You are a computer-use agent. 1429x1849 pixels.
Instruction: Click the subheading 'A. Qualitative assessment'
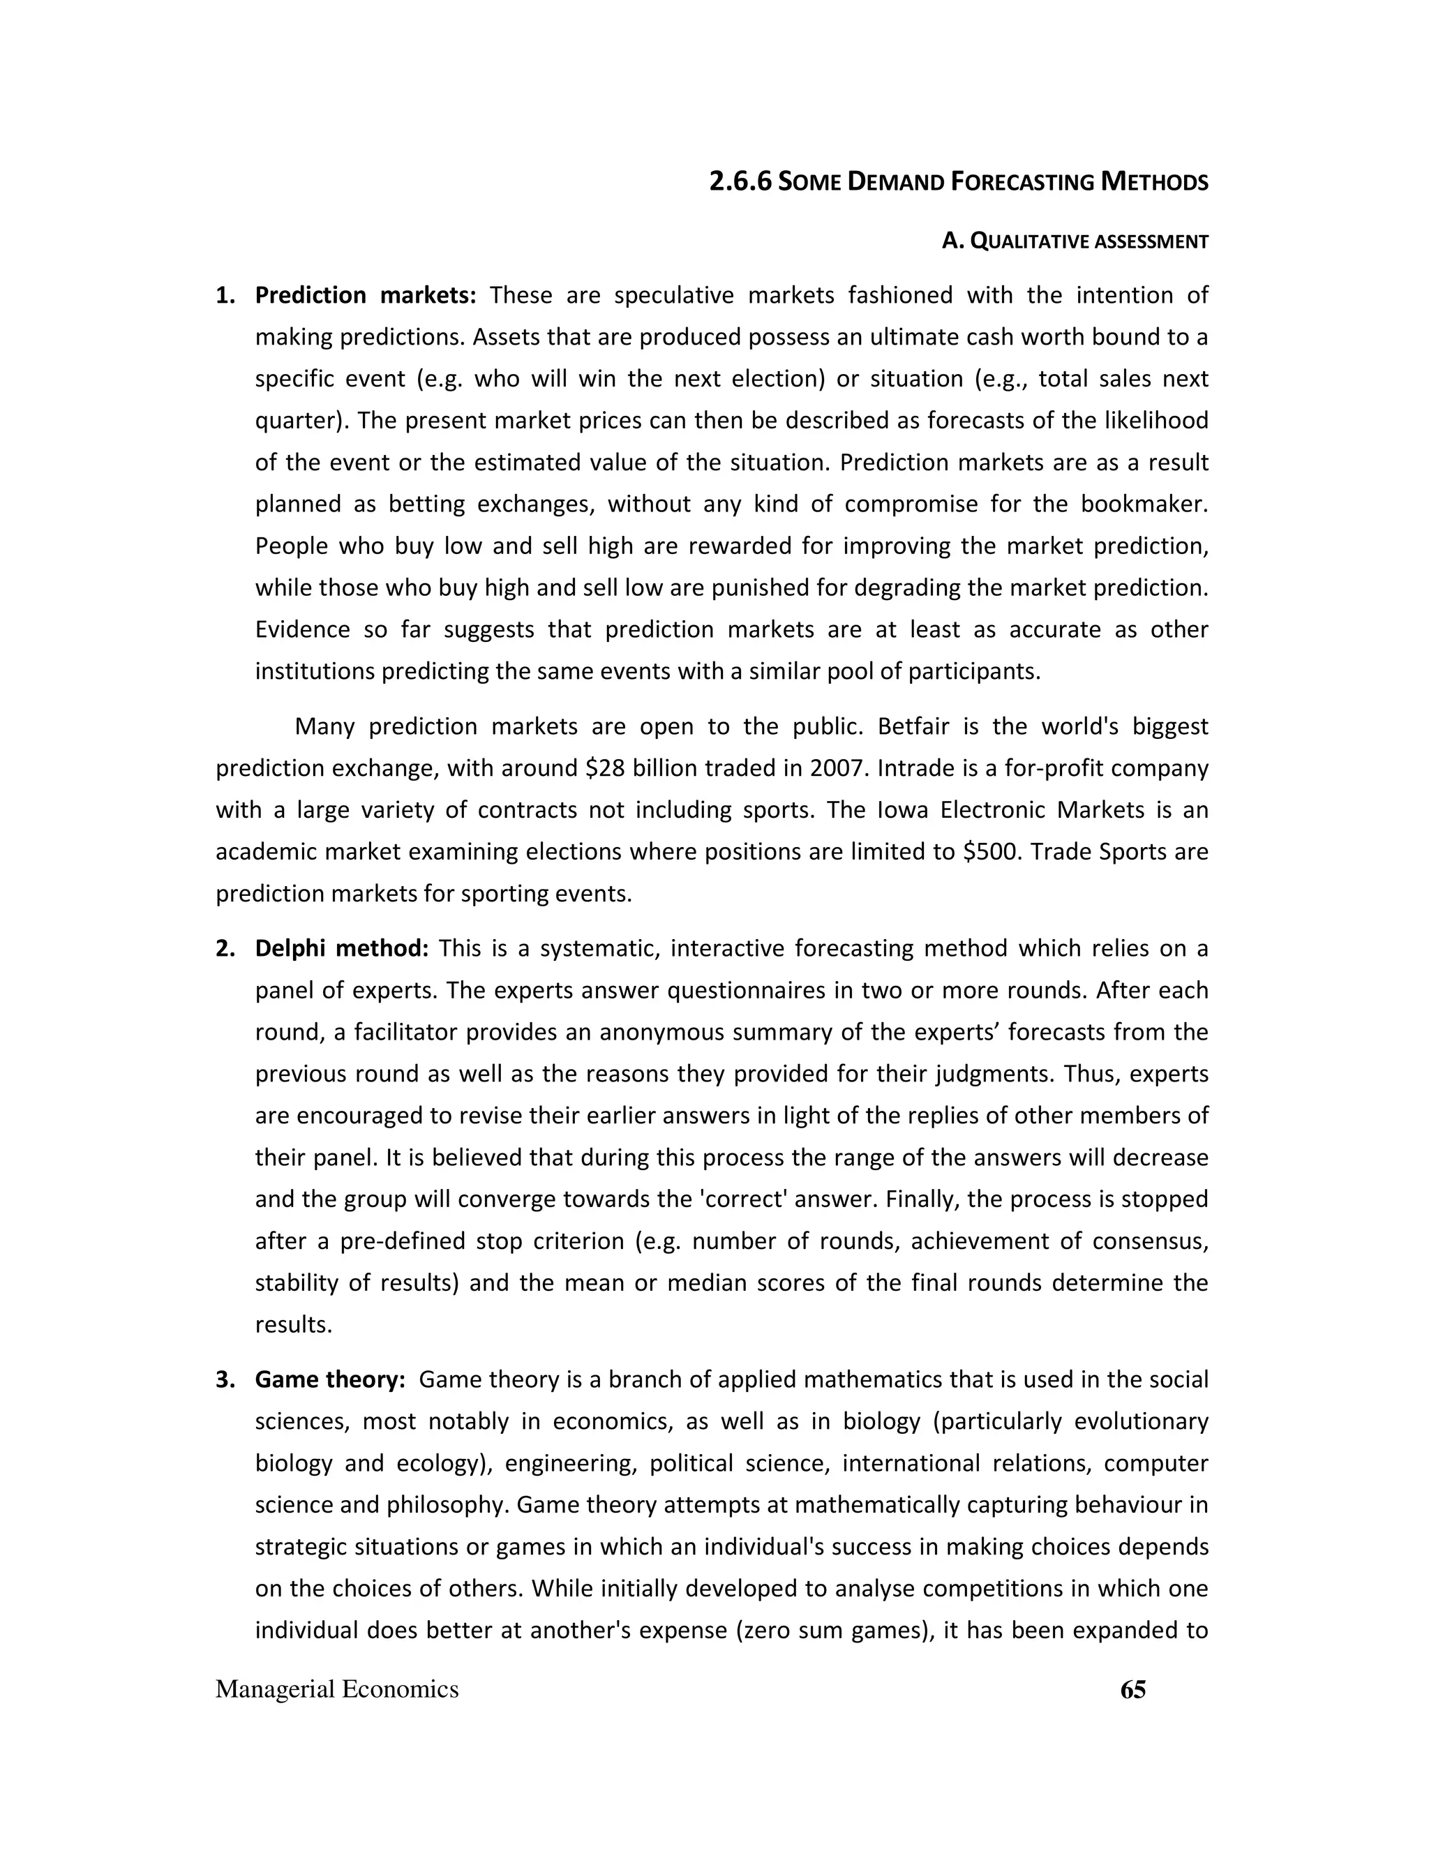pyautogui.click(x=1075, y=242)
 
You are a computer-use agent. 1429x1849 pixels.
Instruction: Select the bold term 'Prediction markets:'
pyautogui.click(x=366, y=294)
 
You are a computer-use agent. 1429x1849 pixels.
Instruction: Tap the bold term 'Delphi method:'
pyautogui.click(x=342, y=948)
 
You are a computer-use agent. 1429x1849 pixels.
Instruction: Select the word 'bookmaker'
pyautogui.click(x=1144, y=504)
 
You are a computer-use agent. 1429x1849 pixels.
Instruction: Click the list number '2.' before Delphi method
pyautogui.click(x=225, y=948)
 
